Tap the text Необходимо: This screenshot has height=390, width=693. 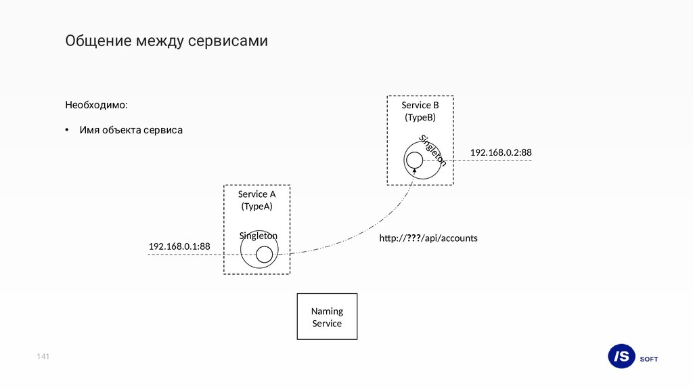[x=95, y=106]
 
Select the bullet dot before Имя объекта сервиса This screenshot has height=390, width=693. [x=67, y=130]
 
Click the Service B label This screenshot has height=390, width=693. [x=420, y=106]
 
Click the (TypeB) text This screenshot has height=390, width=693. [x=420, y=118]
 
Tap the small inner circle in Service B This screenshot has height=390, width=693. [x=414, y=160]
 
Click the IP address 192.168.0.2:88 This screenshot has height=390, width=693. [x=501, y=153]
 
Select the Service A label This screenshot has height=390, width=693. [x=256, y=194]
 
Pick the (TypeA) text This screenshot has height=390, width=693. [x=256, y=207]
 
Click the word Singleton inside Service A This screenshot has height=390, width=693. [x=259, y=236]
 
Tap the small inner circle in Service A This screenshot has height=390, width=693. [x=264, y=255]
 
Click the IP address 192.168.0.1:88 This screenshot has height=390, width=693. [x=179, y=247]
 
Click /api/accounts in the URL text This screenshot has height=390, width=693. [x=449, y=238]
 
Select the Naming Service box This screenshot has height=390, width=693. [x=327, y=316]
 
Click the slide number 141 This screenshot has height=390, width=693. [x=44, y=356]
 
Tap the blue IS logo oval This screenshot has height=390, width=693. [x=621, y=356]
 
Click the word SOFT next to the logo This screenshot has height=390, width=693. [x=649, y=359]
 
